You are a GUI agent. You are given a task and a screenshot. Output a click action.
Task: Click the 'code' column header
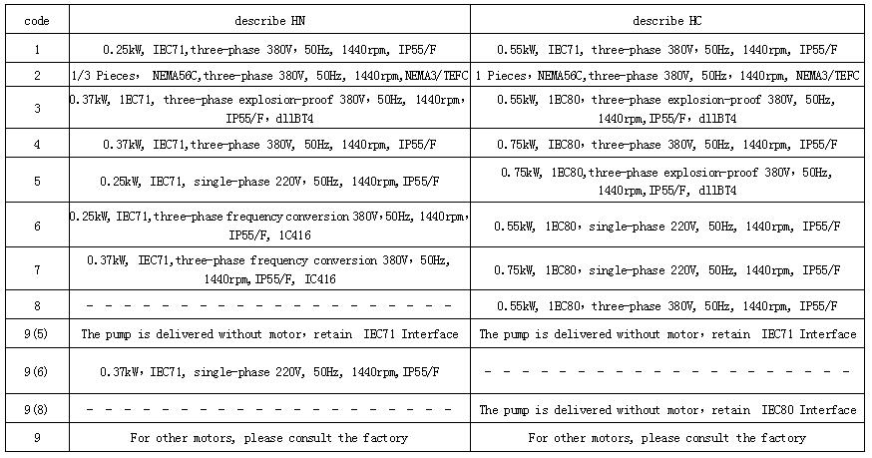click(37, 20)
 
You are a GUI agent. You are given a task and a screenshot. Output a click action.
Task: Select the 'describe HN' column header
click(269, 20)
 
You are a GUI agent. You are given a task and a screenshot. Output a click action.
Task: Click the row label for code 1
click(37, 49)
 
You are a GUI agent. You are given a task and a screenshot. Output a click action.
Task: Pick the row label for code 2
click(37, 76)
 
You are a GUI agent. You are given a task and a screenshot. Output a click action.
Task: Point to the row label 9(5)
click(37, 334)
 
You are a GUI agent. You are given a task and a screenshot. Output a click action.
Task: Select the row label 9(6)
click(37, 371)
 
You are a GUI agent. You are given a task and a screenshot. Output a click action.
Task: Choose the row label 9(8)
click(37, 409)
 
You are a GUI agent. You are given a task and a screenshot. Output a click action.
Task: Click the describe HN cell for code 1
click(269, 49)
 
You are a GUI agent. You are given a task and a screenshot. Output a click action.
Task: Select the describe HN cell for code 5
click(269, 182)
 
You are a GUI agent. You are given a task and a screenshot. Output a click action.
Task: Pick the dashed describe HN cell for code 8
click(269, 305)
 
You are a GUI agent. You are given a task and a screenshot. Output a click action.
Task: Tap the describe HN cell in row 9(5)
click(269, 334)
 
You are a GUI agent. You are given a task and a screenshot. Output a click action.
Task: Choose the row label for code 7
click(37, 270)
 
